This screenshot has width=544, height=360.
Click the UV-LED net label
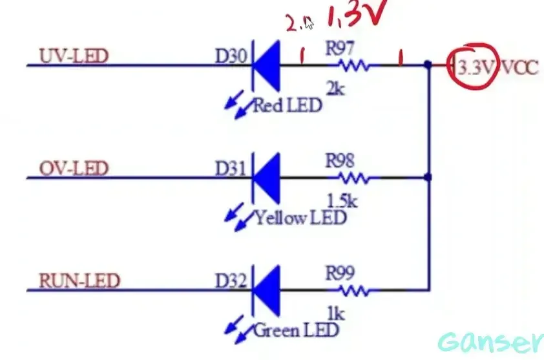coord(73,56)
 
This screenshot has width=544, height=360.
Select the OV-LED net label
coord(73,169)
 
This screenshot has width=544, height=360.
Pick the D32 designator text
coord(231,282)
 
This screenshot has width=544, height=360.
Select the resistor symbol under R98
coord(354,177)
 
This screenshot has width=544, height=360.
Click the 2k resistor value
coord(335,89)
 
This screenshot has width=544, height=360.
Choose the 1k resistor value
coord(335,314)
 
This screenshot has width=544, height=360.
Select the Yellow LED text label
coord(300,218)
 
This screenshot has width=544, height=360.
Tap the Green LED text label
coord(296,331)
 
